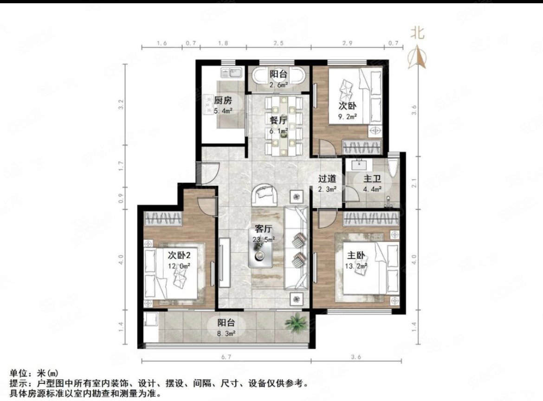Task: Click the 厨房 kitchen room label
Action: pyautogui.click(x=223, y=100)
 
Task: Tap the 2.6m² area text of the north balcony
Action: pyautogui.click(x=278, y=85)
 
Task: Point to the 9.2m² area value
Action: pyautogui.click(x=348, y=116)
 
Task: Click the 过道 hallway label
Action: pyautogui.click(x=327, y=178)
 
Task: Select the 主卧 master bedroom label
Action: pyautogui.click(x=356, y=255)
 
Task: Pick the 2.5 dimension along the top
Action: pyautogui.click(x=278, y=43)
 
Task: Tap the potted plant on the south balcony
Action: pyautogui.click(x=295, y=322)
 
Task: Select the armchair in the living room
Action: pyautogui.click(x=265, y=194)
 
